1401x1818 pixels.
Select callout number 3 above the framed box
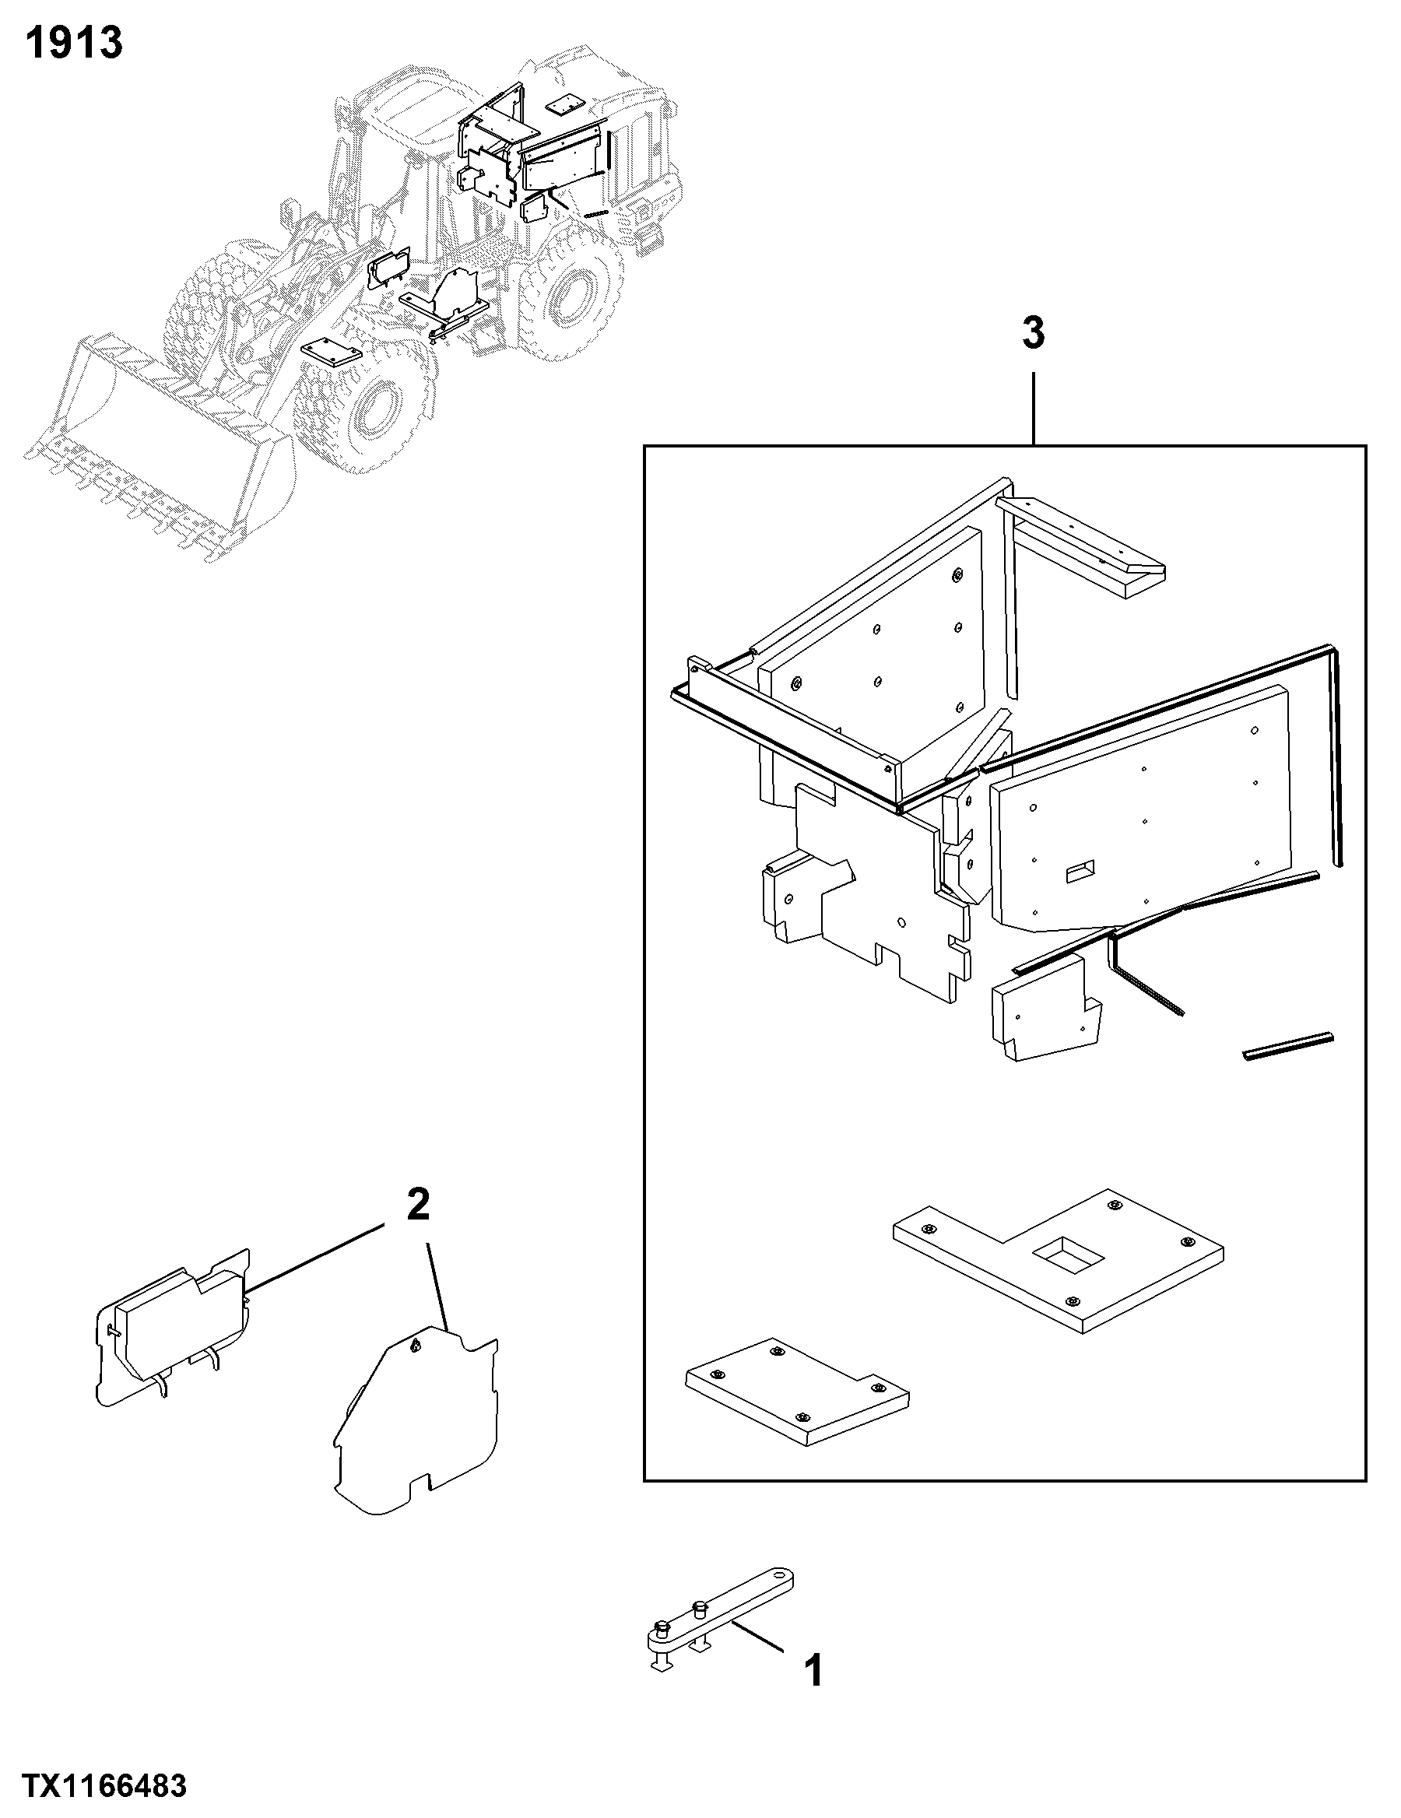click(1033, 334)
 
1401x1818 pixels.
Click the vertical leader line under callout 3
click(1034, 409)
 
